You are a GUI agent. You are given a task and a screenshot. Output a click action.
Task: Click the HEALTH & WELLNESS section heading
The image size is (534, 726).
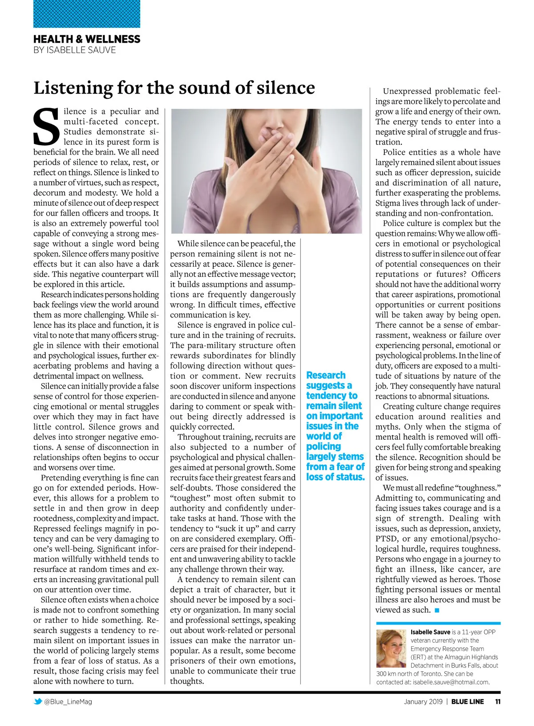[x=87, y=39]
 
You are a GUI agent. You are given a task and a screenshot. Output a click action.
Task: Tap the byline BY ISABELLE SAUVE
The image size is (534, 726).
[x=74, y=50]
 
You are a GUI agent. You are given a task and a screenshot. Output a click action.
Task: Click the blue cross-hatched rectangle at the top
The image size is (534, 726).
[x=87, y=14]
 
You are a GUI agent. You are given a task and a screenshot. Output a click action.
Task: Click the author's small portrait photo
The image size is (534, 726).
[x=392, y=648]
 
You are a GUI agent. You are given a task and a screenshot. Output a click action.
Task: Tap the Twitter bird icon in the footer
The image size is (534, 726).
[x=38, y=702]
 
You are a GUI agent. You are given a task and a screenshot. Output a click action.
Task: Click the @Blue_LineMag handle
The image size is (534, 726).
[x=68, y=702]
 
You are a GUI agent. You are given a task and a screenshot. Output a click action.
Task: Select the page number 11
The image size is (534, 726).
[x=498, y=702]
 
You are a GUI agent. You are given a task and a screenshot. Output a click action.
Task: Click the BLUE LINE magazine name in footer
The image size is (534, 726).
[x=467, y=702]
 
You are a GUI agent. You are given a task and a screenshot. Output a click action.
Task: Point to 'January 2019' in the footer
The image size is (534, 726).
[x=423, y=702]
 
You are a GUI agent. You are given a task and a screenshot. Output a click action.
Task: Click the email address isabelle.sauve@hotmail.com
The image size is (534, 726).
[x=451, y=682]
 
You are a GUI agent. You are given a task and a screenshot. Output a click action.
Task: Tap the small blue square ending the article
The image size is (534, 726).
[x=437, y=610]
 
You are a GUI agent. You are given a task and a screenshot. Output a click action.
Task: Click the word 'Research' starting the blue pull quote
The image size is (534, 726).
[x=326, y=375]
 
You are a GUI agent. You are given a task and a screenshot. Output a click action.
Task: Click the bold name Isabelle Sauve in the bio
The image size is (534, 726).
[x=430, y=632]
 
